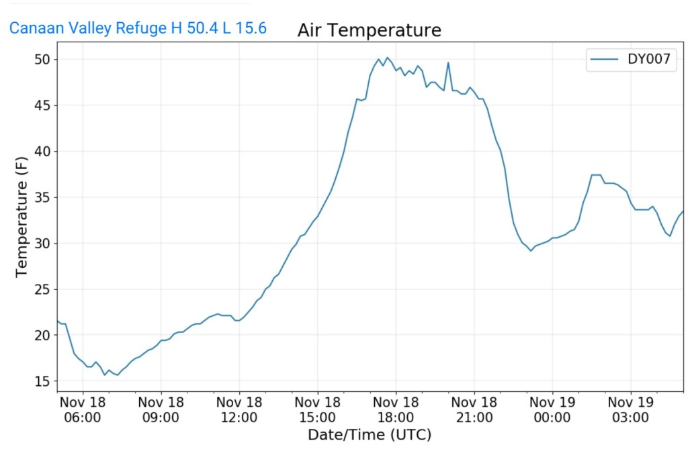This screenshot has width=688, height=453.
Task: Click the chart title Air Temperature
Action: pyautogui.click(x=369, y=30)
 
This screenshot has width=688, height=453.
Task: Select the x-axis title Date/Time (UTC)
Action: pyautogui.click(x=369, y=435)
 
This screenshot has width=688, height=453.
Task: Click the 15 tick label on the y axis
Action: pyautogui.click(x=44, y=381)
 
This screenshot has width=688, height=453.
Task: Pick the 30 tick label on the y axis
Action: pyautogui.click(x=44, y=244)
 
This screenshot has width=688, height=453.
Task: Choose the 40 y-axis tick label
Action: pyautogui.click(x=44, y=152)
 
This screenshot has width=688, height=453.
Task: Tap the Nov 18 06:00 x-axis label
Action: pyautogui.click(x=82, y=409)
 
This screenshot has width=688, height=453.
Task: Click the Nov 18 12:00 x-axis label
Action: pyautogui.click(x=239, y=409)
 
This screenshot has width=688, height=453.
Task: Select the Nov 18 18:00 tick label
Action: pyautogui.click(x=396, y=409)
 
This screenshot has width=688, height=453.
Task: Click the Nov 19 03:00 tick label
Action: pyautogui.click(x=630, y=409)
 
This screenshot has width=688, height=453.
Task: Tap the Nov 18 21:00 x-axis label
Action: pyautogui.click(x=474, y=409)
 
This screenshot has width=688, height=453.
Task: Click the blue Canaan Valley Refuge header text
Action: pyautogui.click(x=138, y=28)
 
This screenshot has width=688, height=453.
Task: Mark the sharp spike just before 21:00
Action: pyautogui.click(x=448, y=63)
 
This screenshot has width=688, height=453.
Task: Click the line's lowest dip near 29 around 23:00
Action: pyautogui.click(x=531, y=250)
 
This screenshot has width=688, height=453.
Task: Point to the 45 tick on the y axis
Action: pyautogui.click(x=44, y=106)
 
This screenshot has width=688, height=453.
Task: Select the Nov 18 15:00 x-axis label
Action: pyautogui.click(x=317, y=409)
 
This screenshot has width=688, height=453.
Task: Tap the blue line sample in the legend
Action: pyautogui.click(x=604, y=60)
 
